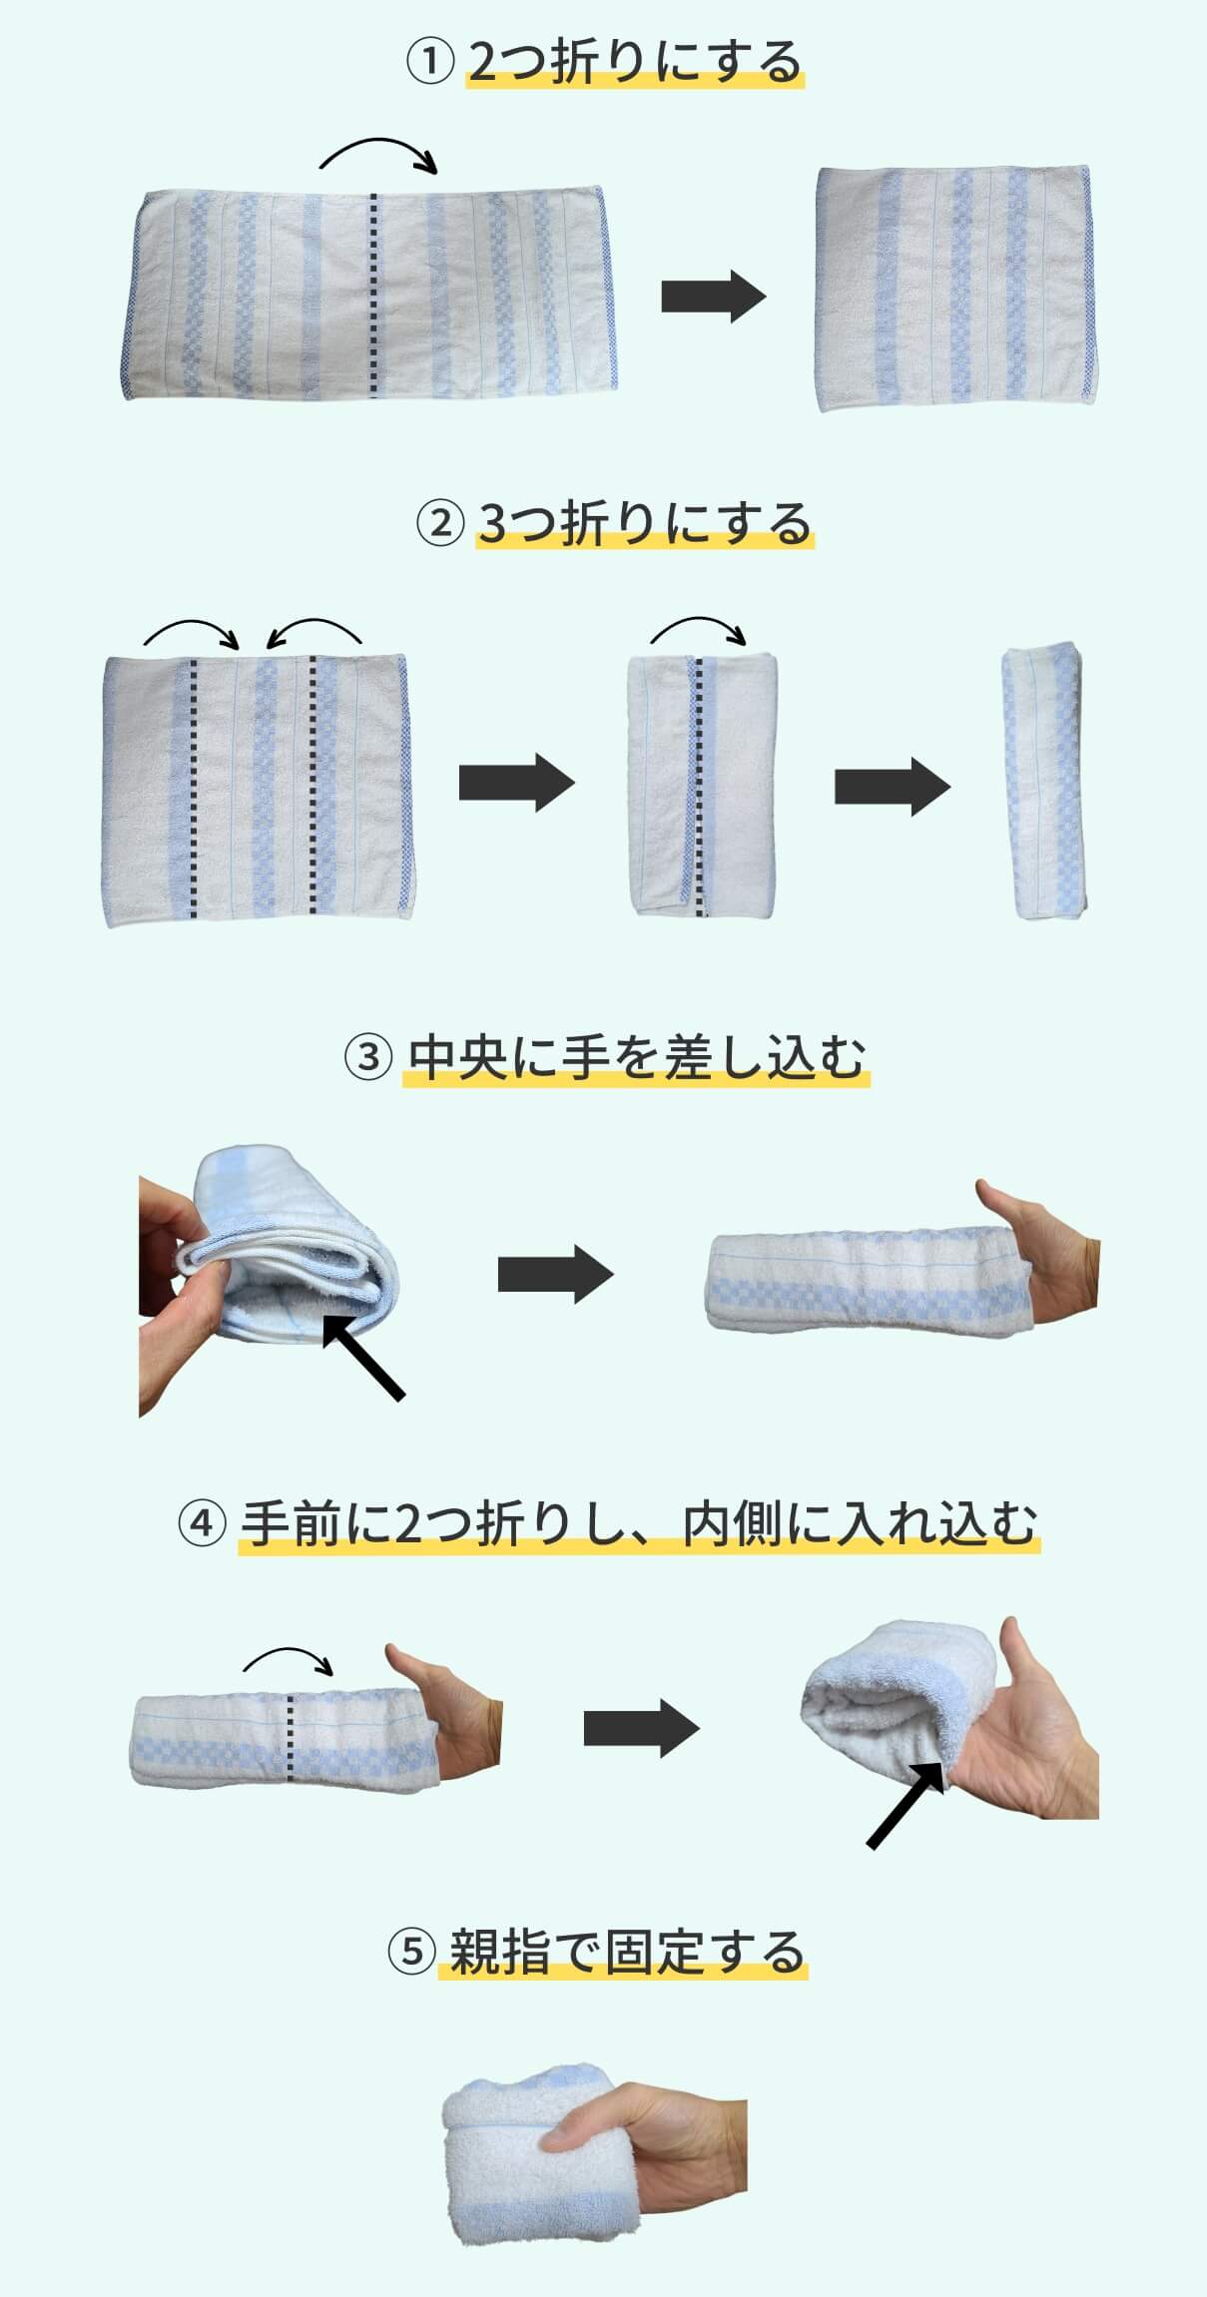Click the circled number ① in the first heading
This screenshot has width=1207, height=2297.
pos(430,63)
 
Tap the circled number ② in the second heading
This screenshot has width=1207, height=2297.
pos(440,523)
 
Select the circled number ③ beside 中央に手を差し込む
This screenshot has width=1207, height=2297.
pos(367,1057)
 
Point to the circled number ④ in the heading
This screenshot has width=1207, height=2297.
pos(202,1524)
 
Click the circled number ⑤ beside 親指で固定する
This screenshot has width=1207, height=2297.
pos(411,1952)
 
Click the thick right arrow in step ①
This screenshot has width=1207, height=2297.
pos(713,296)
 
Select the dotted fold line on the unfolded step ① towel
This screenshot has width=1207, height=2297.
pos(374,295)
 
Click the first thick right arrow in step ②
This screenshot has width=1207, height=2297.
pos(517,784)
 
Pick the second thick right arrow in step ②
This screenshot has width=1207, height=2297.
pos(893,787)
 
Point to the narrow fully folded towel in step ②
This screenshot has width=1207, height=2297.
pos(1044,784)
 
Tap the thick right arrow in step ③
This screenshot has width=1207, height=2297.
pos(556,1275)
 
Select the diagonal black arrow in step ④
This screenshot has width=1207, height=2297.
pos(905,1805)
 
